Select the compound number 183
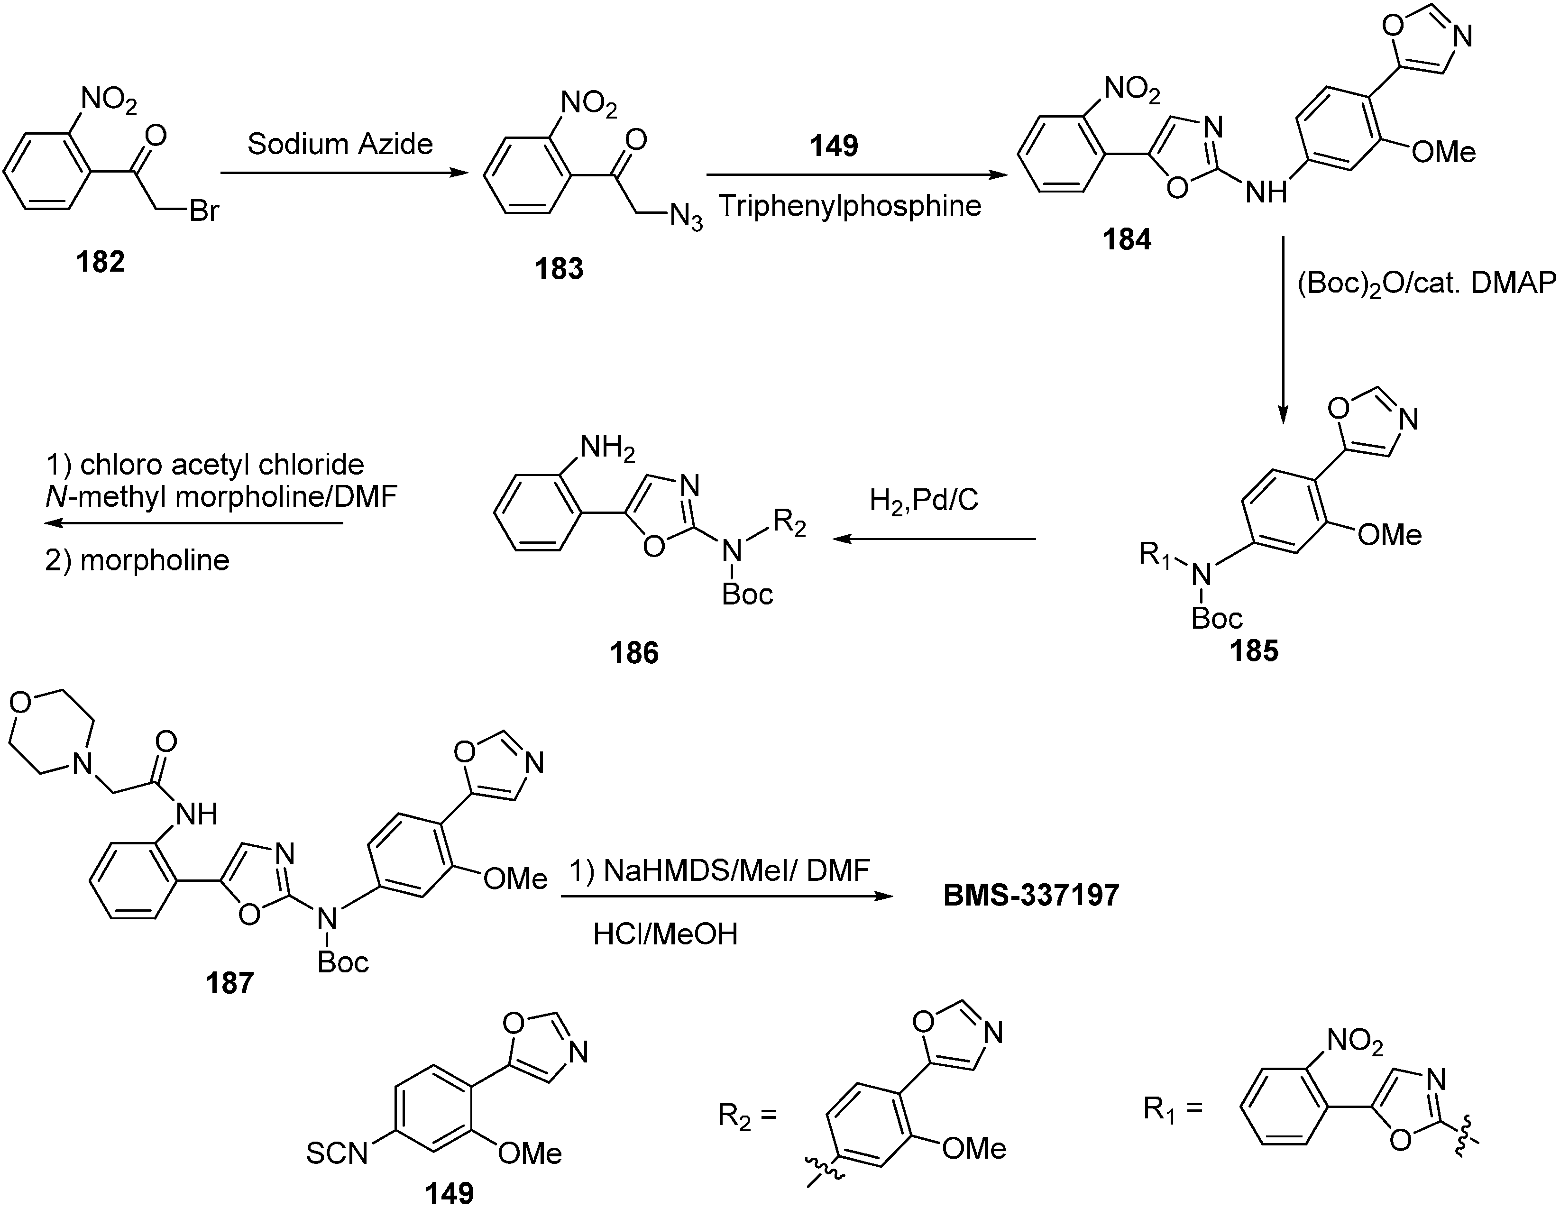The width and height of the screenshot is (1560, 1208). point(560,269)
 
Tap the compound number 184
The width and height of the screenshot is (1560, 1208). point(1127,240)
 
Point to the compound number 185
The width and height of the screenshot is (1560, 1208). point(1254,651)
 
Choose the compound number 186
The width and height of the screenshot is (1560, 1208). point(634,653)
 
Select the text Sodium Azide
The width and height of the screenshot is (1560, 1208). point(340,144)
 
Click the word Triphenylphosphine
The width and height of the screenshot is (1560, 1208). point(850,206)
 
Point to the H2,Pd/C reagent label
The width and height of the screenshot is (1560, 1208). point(924,501)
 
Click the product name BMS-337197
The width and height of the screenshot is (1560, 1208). point(1031,895)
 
